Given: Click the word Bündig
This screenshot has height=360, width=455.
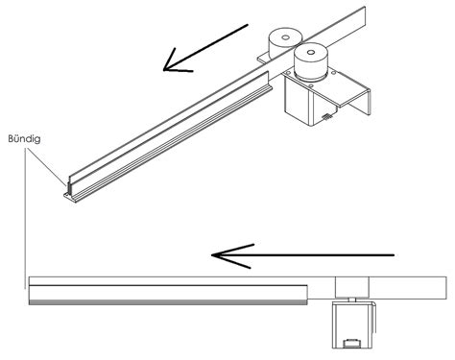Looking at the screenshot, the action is point(24,139).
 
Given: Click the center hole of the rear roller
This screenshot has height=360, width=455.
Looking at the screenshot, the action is point(286,37).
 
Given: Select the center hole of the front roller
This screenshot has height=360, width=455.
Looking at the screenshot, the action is point(310,52).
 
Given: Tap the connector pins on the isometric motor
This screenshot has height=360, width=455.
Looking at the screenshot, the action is point(326,116).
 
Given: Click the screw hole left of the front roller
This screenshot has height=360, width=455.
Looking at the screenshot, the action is point(288,74).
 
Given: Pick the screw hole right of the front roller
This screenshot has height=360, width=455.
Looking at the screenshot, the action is point(334,73).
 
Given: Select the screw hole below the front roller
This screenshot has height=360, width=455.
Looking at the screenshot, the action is point(311,85).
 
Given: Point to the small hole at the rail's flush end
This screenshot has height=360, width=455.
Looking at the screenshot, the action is point(67,195).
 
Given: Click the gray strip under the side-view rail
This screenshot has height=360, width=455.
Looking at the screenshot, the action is point(168,302).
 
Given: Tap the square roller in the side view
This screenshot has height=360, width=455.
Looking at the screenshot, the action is point(352,287).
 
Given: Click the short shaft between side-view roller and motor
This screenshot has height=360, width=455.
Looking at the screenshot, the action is point(352,300).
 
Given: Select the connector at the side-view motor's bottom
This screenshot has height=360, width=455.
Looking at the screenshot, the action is point(352,344).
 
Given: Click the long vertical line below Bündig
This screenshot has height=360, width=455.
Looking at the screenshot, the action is point(25,219).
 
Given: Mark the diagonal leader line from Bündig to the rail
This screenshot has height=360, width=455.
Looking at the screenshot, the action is point(46,167).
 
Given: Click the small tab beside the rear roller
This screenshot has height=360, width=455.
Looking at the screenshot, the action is point(263,59).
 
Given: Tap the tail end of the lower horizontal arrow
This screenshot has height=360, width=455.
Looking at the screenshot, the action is point(394,255).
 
